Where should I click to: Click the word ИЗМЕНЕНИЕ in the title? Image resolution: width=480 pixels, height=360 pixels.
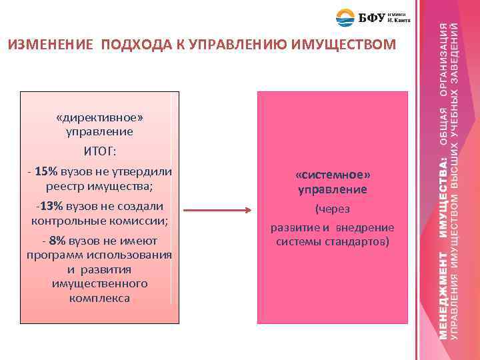(50, 45)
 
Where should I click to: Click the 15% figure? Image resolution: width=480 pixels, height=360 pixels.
(48, 171)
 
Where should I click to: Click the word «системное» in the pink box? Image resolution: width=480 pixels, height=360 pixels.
(332, 175)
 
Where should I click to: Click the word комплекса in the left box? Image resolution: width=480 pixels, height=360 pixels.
(99, 298)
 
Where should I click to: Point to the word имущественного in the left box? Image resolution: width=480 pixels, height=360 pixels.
(99, 283)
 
